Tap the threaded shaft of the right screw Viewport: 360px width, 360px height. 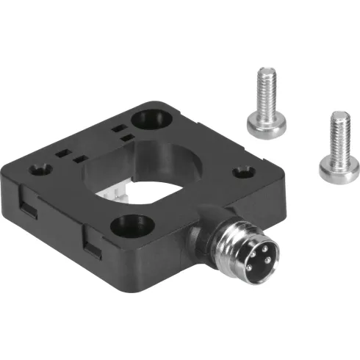[x=339, y=132]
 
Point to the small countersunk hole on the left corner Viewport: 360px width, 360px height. [x=37, y=170]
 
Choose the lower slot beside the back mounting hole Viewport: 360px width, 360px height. [x=126, y=137]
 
